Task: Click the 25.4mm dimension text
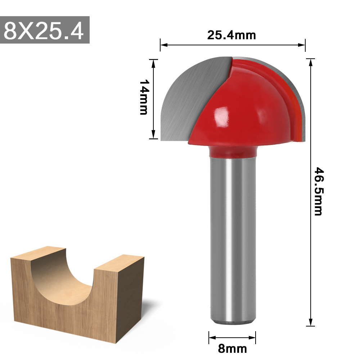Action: pyautogui.click(x=231, y=35)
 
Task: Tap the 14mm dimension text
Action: pyautogui.click(x=144, y=97)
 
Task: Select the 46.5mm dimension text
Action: pyautogui.click(x=318, y=191)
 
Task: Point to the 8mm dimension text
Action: pyautogui.click(x=233, y=348)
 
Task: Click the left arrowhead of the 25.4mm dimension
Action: pyautogui.click(x=163, y=45)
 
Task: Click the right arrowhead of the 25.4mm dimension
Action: pyautogui.click(x=302, y=45)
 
